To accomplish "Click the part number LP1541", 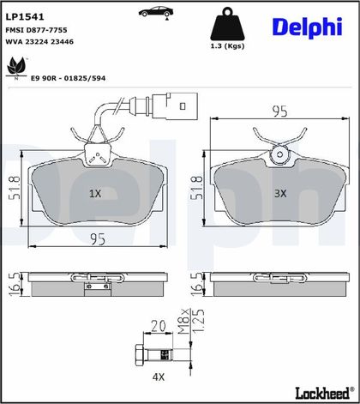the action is pos(25,17).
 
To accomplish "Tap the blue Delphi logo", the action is pos(308,27).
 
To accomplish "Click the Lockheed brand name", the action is pos(322,393).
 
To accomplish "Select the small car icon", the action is pos(156,12).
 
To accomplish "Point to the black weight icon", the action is pos(227,24).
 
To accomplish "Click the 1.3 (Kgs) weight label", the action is pos(227,45).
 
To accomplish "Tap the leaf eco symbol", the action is pos(16,68).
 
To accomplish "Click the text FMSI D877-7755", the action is pos(36,30).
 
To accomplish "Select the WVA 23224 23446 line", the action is pos(39,42).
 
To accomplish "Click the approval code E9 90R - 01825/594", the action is pos(69,78).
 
